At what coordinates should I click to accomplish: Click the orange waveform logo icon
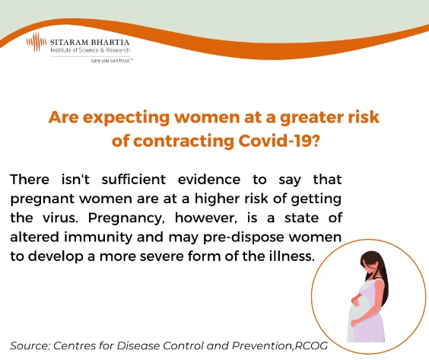coord(37,42)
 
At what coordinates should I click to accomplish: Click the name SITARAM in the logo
coord(69,43)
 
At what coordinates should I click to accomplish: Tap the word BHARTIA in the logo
coord(110,43)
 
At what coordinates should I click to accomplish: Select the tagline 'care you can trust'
coord(112,60)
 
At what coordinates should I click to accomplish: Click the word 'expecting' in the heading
coord(126,118)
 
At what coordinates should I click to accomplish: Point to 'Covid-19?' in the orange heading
coord(279,141)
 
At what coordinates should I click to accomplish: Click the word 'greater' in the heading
coord(311,118)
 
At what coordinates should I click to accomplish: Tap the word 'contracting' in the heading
coord(183,142)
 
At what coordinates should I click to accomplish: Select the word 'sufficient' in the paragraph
coord(134,180)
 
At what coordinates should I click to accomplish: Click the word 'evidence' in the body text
coord(209,180)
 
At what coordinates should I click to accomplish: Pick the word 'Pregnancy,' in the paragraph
coord(126,218)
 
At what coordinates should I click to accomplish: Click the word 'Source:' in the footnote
coord(30,346)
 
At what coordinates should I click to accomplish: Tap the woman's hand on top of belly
coord(355,301)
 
